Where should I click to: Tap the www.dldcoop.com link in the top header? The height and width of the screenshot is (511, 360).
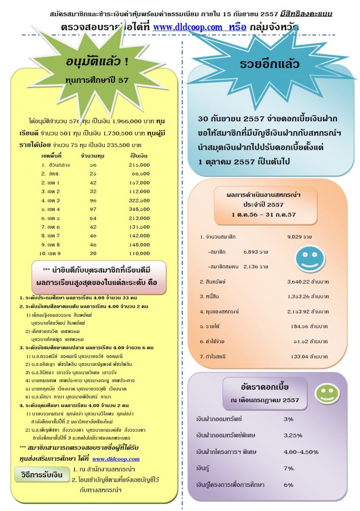[188, 27]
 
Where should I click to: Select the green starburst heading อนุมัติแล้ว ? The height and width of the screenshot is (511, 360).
[97, 62]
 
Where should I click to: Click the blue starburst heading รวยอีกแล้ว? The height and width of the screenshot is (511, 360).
[269, 64]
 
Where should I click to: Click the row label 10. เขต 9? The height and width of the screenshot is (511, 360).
[50, 253]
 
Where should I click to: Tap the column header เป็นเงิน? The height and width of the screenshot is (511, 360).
[139, 156]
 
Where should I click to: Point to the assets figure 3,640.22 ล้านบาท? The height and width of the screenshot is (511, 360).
[308, 282]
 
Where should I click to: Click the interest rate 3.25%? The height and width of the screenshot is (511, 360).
[293, 435]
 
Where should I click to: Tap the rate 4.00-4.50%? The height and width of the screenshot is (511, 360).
[301, 452]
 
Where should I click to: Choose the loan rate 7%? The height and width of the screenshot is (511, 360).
[290, 468]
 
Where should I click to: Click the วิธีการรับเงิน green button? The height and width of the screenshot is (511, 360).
[39, 474]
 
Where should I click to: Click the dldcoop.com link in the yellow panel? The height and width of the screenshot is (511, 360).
[116, 459]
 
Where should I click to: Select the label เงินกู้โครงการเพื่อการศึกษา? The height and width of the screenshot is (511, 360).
[230, 485]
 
